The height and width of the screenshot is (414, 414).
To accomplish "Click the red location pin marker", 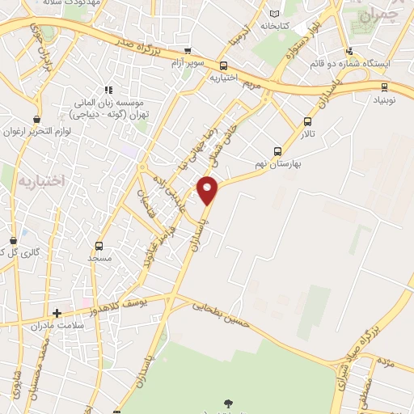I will (x=209, y=191).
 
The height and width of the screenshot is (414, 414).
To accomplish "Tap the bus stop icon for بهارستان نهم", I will (x=278, y=151).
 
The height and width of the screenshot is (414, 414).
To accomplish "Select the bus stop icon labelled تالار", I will (x=307, y=122).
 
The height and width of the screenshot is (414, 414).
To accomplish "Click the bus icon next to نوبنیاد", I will (x=384, y=87).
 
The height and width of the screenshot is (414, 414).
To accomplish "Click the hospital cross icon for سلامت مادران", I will (x=57, y=313).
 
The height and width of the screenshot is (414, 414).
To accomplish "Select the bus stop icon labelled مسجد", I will (x=99, y=247).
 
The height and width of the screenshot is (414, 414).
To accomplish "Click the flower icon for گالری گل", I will (x=13, y=241).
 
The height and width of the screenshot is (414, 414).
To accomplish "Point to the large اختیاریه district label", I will (x=39, y=180).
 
